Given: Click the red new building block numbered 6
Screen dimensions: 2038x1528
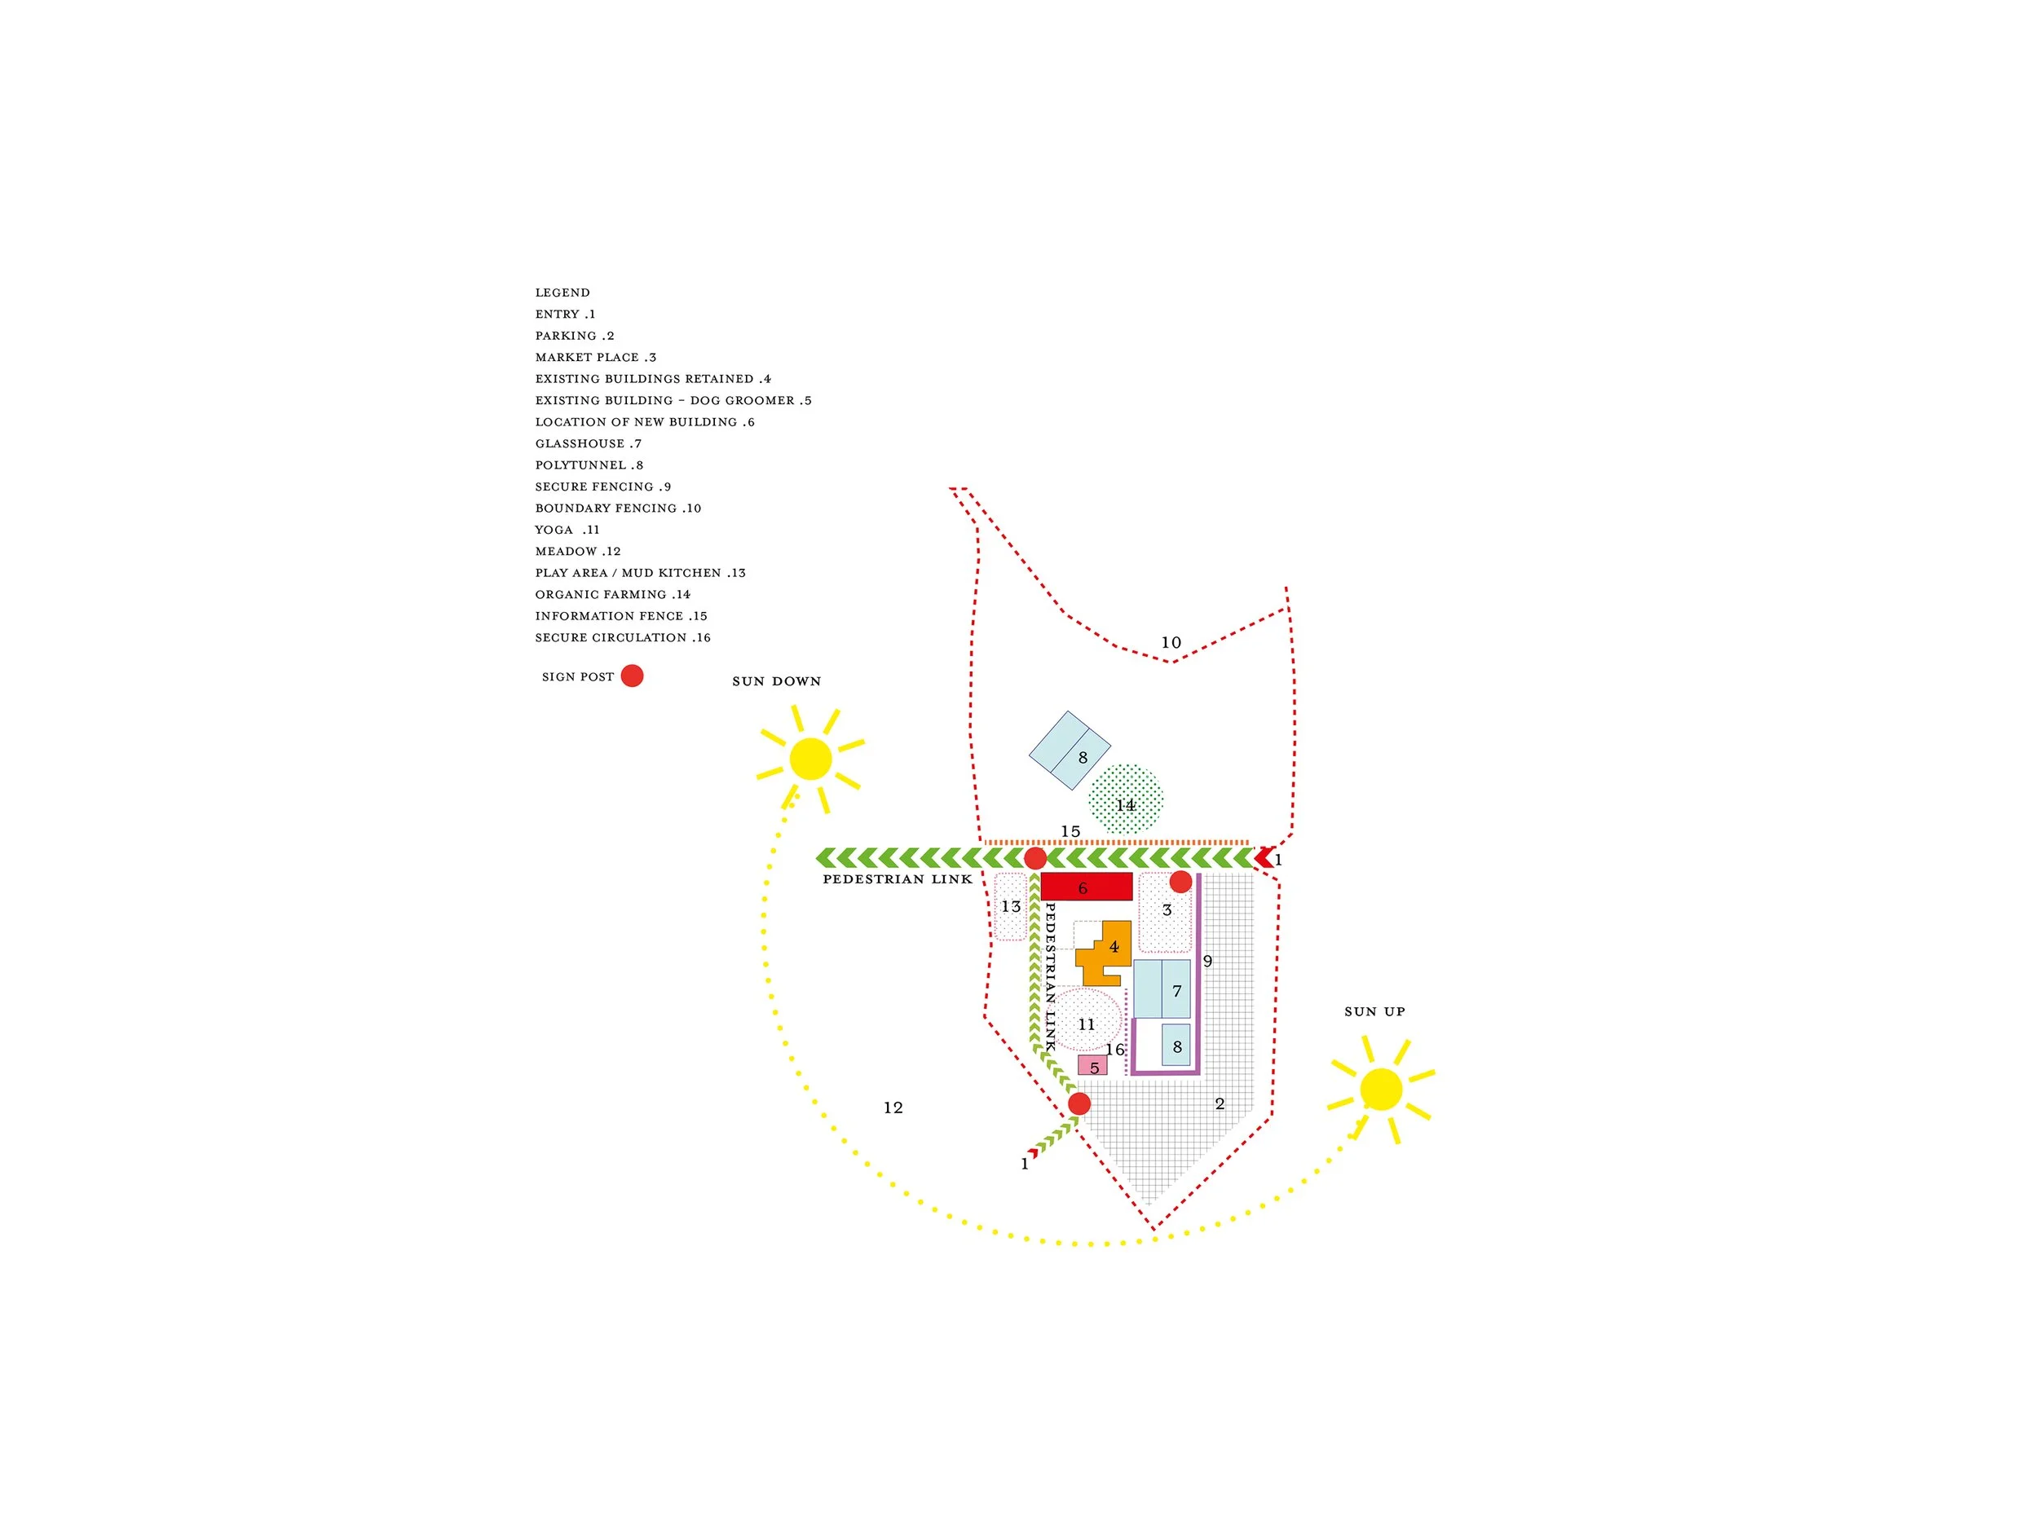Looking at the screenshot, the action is tap(1085, 886).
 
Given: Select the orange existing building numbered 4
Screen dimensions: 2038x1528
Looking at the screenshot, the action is tap(1102, 954).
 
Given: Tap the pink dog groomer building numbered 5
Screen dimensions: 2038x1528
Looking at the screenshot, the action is tap(1092, 1066).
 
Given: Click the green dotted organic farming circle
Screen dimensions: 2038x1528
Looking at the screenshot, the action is tap(1125, 799).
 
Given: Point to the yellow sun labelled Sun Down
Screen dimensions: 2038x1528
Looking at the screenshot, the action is tap(809, 759).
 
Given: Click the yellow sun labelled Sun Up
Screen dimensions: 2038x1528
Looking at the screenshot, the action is tap(1379, 1089).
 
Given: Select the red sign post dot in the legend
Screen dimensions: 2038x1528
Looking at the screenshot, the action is tap(632, 676).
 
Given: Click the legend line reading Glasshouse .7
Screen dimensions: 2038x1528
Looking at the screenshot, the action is tap(588, 444).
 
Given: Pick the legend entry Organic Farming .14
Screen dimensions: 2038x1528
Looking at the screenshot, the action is tap(611, 595).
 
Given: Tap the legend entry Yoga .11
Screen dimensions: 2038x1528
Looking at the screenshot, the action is tap(567, 530).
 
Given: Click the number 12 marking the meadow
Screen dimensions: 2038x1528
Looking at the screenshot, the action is tap(893, 1107).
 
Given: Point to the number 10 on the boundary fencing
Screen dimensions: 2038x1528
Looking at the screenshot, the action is tap(1170, 643).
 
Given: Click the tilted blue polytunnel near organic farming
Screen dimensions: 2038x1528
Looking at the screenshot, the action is tap(1069, 750).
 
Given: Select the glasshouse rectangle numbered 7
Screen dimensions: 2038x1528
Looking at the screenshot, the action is tap(1162, 989).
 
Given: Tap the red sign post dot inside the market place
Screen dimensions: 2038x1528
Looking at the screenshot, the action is tap(1180, 882).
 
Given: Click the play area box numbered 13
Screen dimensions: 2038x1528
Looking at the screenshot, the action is tap(1010, 906).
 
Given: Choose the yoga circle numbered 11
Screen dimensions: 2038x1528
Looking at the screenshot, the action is tap(1087, 1019).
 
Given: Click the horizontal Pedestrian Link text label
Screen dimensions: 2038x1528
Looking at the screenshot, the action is tap(898, 879).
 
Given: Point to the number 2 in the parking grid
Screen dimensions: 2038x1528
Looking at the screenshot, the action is tap(1219, 1103).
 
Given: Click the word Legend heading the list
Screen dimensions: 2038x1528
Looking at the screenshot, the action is tap(562, 293).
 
